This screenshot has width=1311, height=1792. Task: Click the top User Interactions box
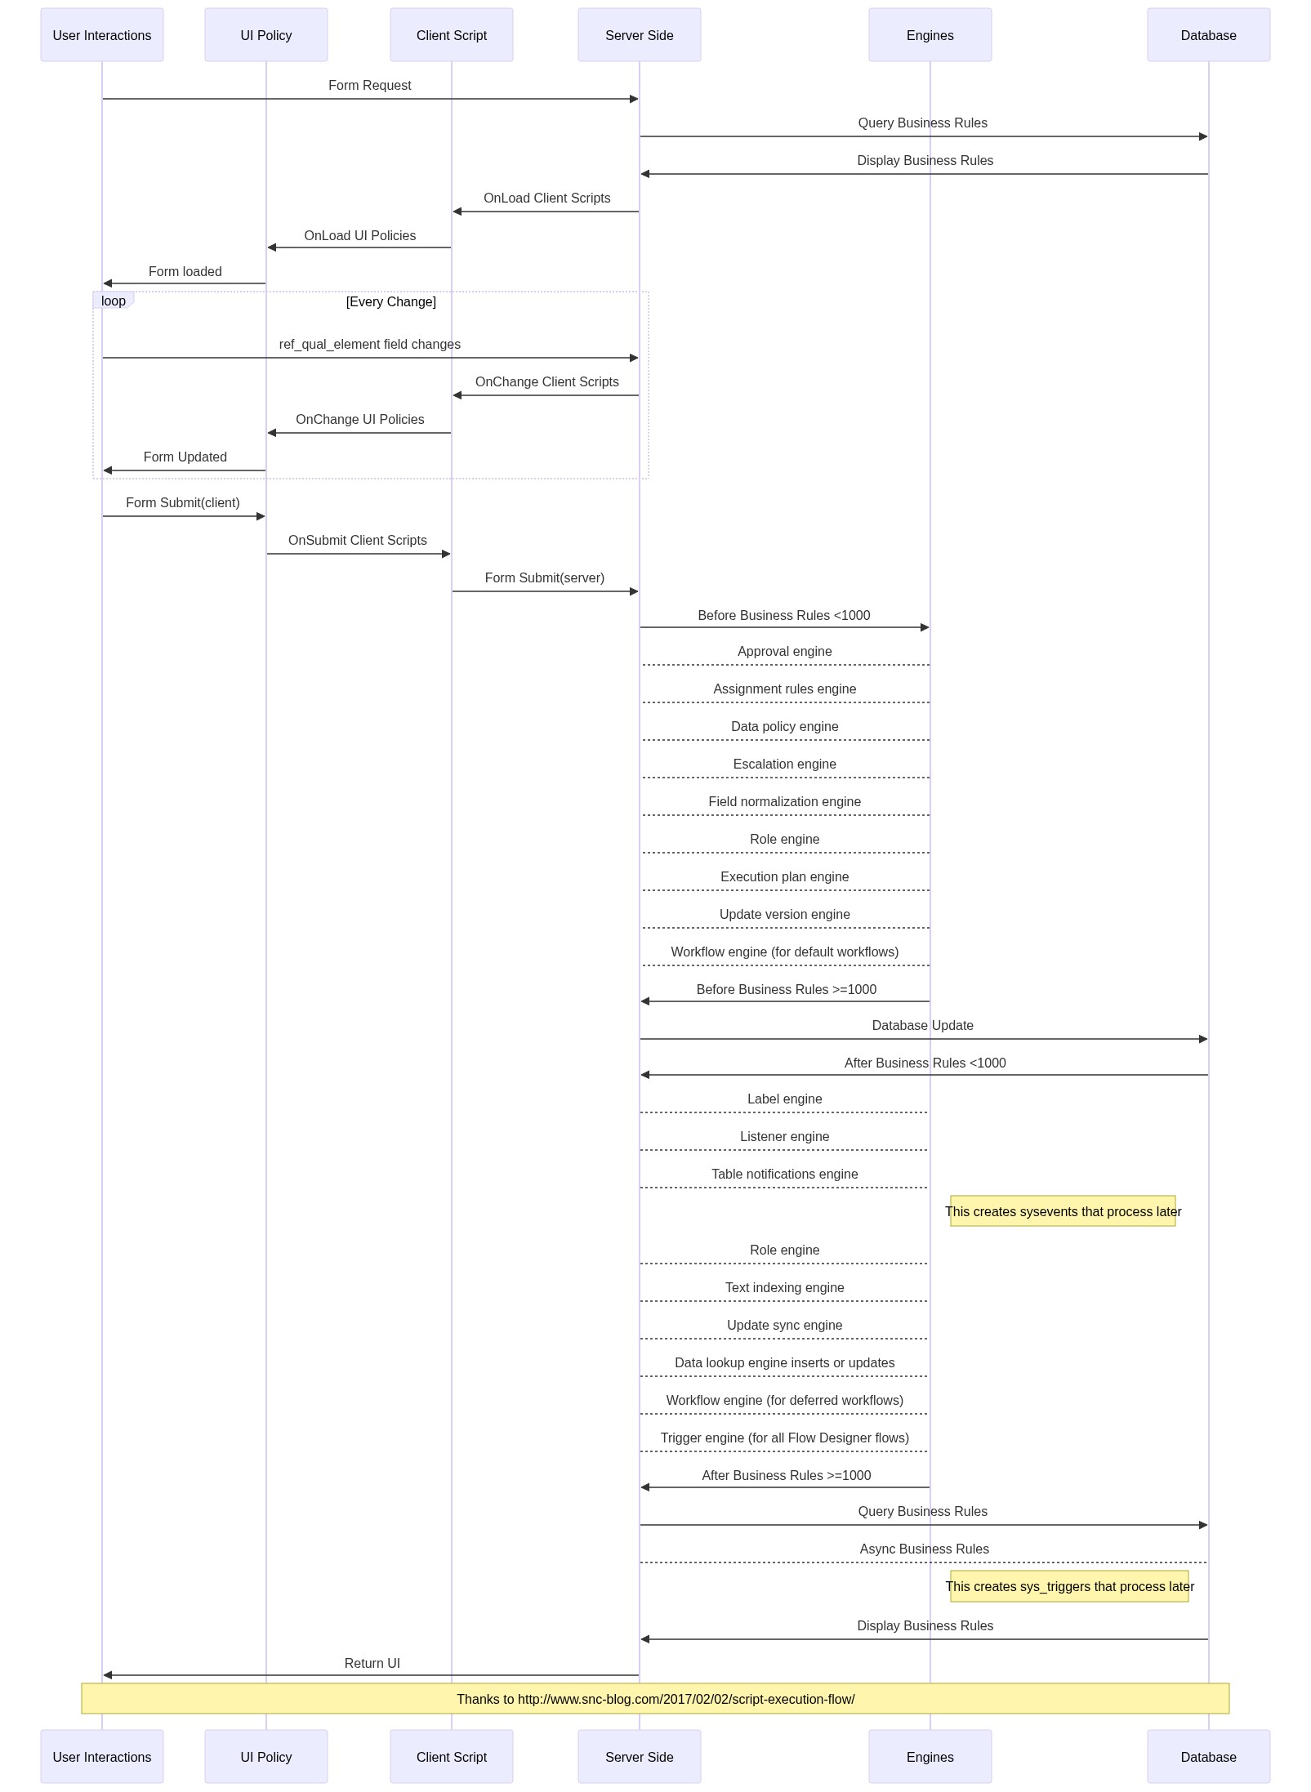coord(102,35)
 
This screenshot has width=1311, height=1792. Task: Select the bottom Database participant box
coord(1208,1757)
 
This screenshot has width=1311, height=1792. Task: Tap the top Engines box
coord(930,35)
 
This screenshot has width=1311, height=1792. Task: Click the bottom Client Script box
coord(452,1757)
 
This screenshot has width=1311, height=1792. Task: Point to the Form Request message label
coord(370,86)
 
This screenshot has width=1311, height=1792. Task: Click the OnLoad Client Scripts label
coord(547,198)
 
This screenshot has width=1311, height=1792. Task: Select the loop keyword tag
coord(114,301)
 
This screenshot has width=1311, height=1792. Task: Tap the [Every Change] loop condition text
coord(391,302)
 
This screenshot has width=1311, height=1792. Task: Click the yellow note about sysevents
coord(1063,1211)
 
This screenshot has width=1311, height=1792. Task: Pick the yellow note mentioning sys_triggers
coord(1069,1586)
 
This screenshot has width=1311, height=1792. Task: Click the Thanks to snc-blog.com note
coord(655,1699)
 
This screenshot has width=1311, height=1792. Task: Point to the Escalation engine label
coord(785,764)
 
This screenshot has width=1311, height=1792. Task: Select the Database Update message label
coord(923,1026)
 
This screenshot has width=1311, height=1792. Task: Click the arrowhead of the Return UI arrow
coord(107,1675)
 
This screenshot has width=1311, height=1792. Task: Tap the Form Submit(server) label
coord(545,578)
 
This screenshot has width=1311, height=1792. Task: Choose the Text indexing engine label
coord(785,1288)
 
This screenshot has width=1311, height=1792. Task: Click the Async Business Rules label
coord(925,1549)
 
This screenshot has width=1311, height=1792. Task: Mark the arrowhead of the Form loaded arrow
coord(107,283)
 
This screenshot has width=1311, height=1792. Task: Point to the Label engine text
coord(785,1099)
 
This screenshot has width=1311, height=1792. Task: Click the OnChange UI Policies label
coord(360,420)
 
